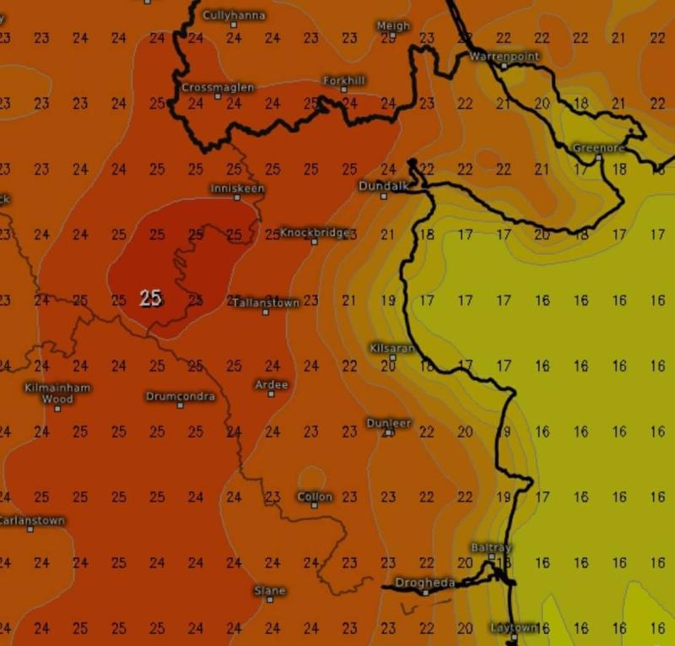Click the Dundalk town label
382,185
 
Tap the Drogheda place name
425,583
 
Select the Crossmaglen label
218,87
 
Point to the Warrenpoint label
503,56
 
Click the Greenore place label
597,148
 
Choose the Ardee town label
272,384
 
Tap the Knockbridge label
314,232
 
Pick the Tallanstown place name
266,301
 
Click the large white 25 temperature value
151,298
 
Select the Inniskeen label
237,187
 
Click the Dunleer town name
388,422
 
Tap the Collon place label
315,497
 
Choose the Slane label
270,590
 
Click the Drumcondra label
181,396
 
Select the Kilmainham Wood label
57,393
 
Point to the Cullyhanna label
234,15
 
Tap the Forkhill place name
345,80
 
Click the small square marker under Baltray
491,557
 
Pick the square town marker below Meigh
393,36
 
